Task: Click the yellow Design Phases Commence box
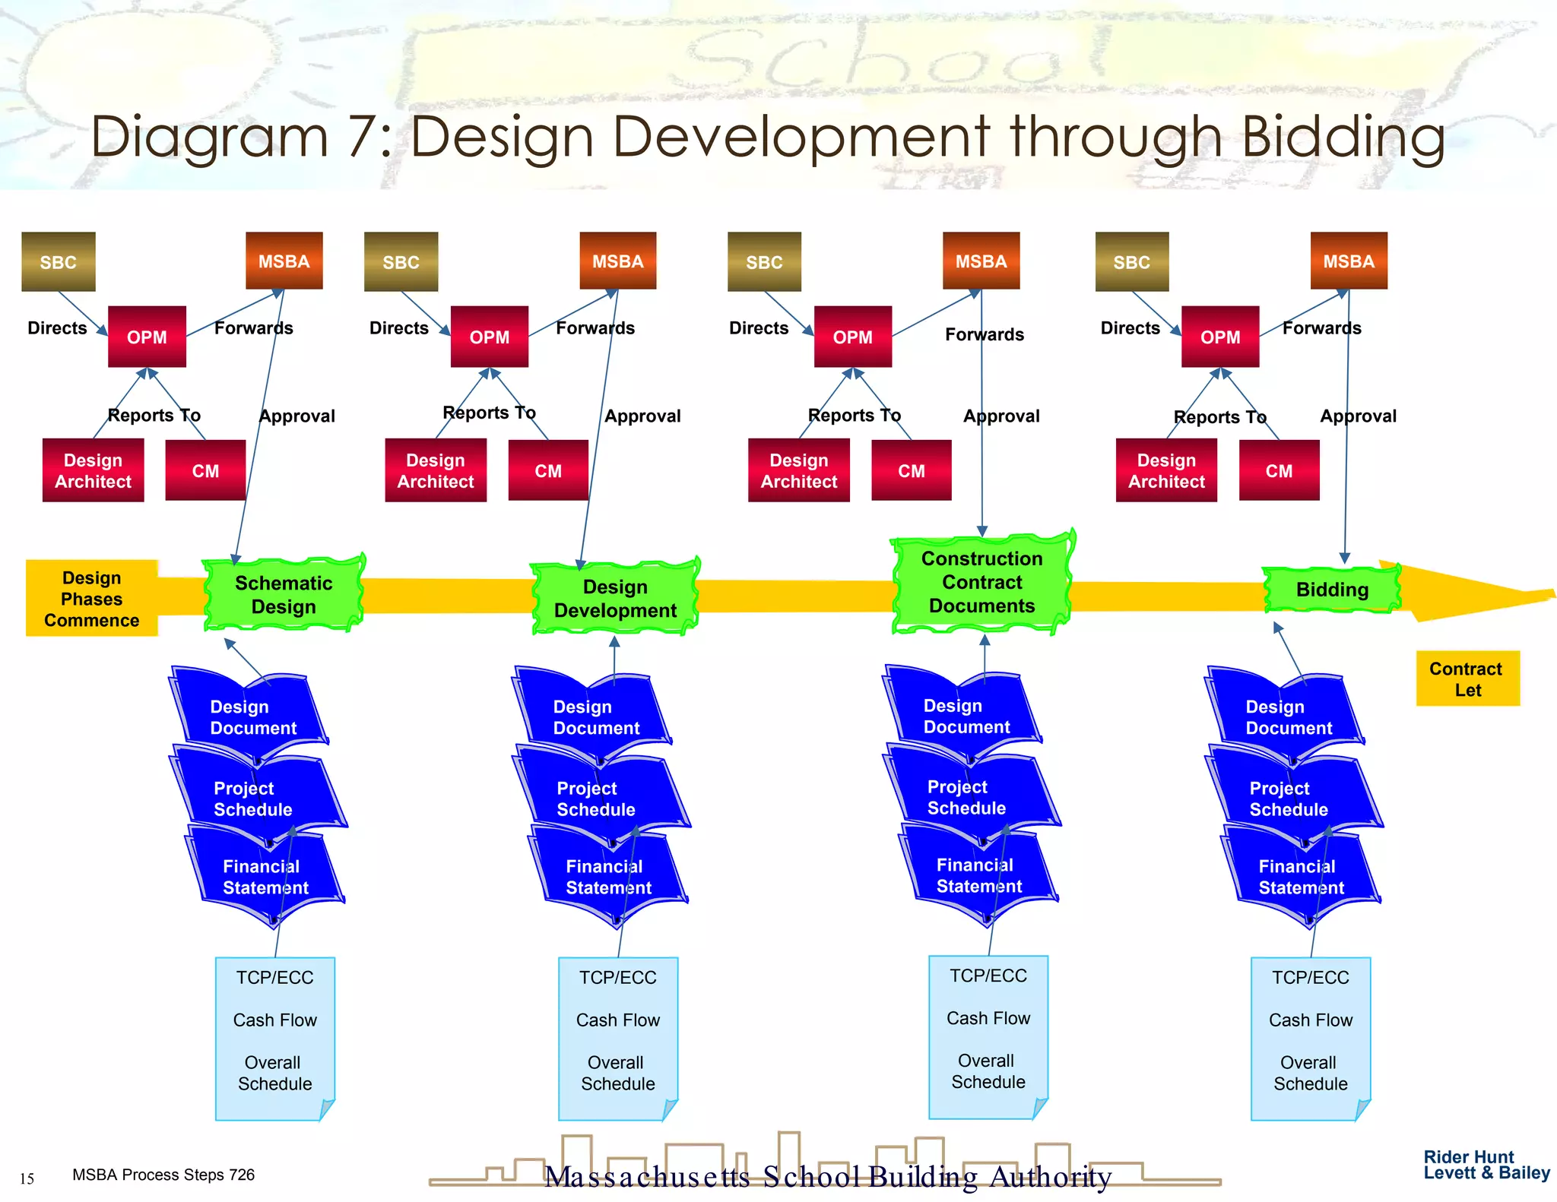[91, 599]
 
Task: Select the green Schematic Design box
[284, 594]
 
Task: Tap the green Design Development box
[615, 599]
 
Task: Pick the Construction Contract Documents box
[981, 582]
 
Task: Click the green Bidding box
[1332, 590]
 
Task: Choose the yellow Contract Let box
[1467, 679]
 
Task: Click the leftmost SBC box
[59, 262]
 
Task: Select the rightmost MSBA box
[1349, 261]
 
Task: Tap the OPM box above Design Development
[490, 337]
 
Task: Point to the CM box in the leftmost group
[205, 471]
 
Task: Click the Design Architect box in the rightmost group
[1166, 471]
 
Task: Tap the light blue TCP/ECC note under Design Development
[617, 1038]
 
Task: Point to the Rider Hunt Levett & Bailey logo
[1486, 1165]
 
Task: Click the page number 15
[27, 1179]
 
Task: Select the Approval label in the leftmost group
[297, 416]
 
